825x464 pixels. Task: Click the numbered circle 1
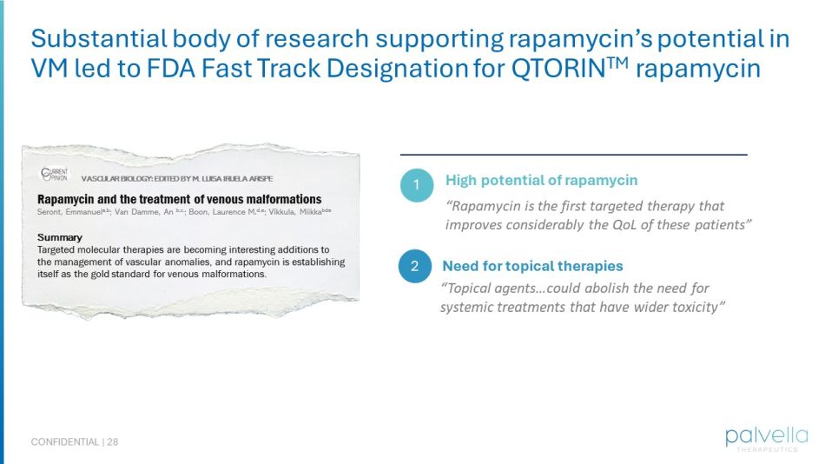tap(417, 185)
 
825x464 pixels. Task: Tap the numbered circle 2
tap(415, 267)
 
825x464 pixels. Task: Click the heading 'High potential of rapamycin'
tap(541, 181)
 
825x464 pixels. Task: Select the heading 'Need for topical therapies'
tap(532, 266)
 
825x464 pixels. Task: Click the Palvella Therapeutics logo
tap(767, 437)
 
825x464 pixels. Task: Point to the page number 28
tap(113, 442)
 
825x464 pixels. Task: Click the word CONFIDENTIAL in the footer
tap(65, 442)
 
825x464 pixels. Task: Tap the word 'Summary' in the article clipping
tap(60, 237)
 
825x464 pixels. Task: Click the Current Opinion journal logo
tap(54, 174)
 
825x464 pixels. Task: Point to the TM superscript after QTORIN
tap(615, 63)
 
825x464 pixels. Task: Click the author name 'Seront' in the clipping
tap(52, 212)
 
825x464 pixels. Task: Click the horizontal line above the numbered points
tap(573, 155)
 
